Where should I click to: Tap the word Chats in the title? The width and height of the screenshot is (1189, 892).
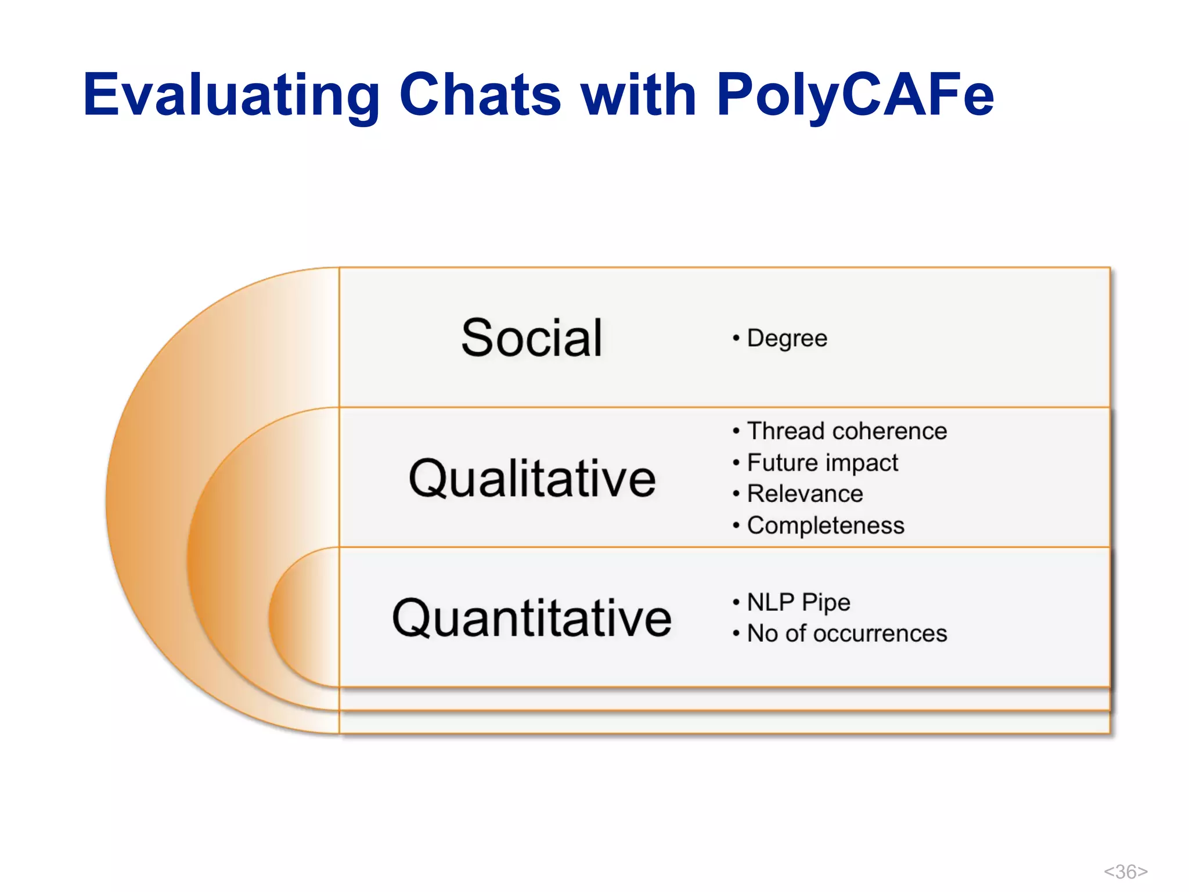click(x=480, y=95)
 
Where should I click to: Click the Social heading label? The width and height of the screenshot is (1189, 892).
click(x=531, y=338)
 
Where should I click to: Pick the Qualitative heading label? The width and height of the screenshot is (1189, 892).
click(x=532, y=479)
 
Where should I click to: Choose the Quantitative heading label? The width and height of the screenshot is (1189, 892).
click(x=532, y=618)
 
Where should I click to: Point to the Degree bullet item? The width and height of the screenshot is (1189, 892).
click(x=786, y=339)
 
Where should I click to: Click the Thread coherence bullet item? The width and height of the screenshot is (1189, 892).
click(x=846, y=431)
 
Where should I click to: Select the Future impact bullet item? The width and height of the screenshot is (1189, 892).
click(x=822, y=463)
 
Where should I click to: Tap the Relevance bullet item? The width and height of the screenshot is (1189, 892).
click(x=804, y=494)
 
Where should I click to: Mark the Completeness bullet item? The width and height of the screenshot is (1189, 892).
click(x=825, y=526)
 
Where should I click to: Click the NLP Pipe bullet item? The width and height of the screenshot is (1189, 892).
click(x=798, y=602)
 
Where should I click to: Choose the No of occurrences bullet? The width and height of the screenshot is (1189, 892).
click(x=846, y=634)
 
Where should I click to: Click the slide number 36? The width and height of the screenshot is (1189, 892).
click(x=1125, y=872)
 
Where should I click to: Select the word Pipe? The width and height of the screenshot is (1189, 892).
click(x=826, y=603)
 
